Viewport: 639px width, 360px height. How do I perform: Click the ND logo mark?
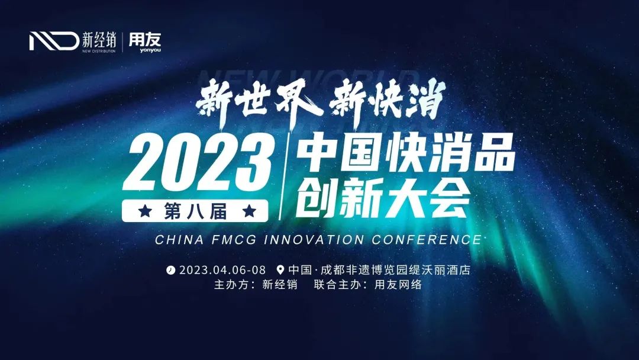54,41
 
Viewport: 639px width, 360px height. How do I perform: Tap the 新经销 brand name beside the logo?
99,40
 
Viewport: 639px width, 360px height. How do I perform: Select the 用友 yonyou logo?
144,41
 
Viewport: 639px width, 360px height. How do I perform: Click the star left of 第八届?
143,210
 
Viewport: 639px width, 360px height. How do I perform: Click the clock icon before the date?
171,270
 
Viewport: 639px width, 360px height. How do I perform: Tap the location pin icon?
280,270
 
